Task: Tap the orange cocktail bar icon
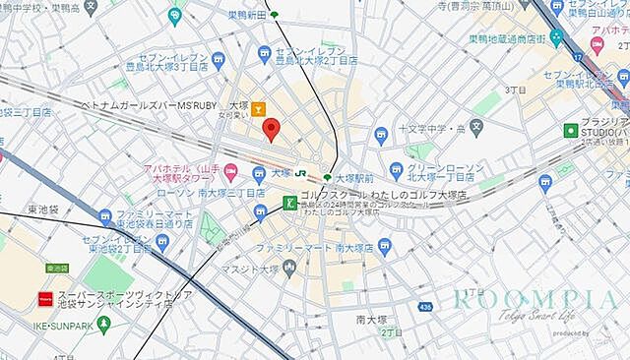click(x=258, y=108)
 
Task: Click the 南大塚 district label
click(x=374, y=321)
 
